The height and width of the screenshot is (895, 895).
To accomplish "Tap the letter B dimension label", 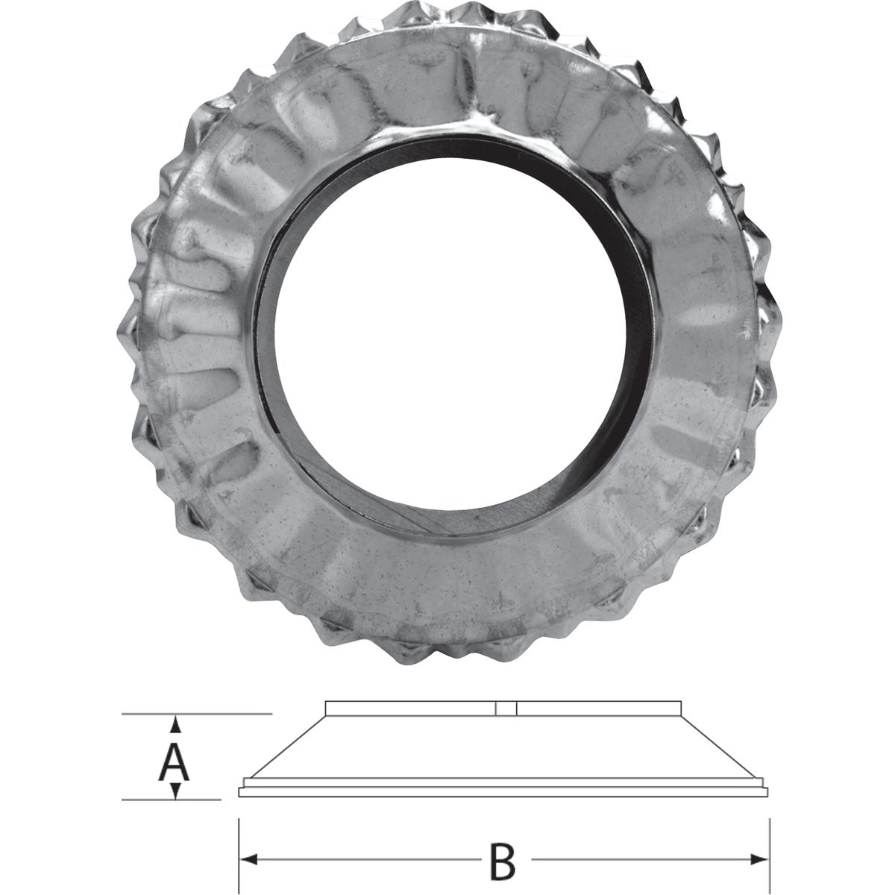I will click(504, 861).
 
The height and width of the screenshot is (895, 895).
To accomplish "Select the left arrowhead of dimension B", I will click(246, 858).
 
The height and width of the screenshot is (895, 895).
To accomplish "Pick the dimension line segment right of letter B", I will click(641, 858).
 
